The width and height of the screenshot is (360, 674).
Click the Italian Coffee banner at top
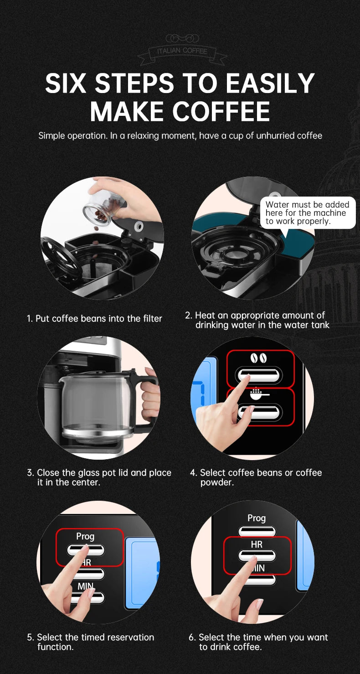click(x=182, y=51)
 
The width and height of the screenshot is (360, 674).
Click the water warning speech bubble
click(x=307, y=213)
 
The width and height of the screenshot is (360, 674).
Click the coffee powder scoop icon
click(x=259, y=393)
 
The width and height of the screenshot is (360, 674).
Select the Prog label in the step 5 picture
click(x=85, y=536)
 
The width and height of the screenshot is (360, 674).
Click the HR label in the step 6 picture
click(x=257, y=544)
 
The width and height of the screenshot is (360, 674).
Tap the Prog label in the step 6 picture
click(x=257, y=518)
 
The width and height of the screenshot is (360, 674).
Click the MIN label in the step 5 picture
click(x=85, y=586)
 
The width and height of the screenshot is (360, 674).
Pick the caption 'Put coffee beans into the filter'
click(x=94, y=318)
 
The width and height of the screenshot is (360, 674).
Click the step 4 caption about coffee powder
click(x=256, y=477)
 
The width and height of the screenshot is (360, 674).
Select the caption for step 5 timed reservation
click(x=91, y=642)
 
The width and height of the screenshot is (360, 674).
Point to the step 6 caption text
click(x=258, y=642)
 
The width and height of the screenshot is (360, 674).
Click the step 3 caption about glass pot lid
click(x=99, y=477)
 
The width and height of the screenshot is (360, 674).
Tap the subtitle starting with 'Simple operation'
click(x=180, y=135)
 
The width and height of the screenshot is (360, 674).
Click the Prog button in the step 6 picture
click(x=257, y=531)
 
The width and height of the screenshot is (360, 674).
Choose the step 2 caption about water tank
click(x=257, y=320)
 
